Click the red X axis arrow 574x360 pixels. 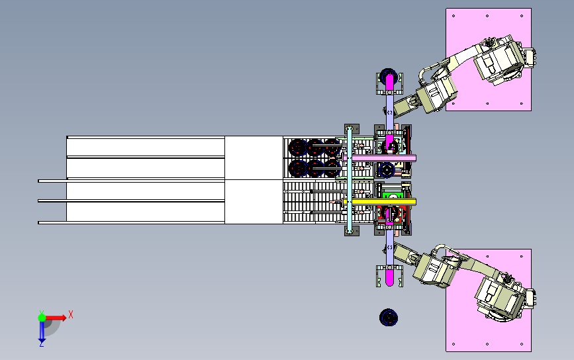point(55,318)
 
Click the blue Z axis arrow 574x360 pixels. point(42,331)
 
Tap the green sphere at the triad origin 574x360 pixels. point(42,318)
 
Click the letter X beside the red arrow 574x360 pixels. point(71,314)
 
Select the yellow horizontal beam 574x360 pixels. point(379,202)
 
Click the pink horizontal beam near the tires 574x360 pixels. point(379,158)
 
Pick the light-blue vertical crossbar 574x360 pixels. point(349,179)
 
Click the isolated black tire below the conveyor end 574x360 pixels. point(389,317)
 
